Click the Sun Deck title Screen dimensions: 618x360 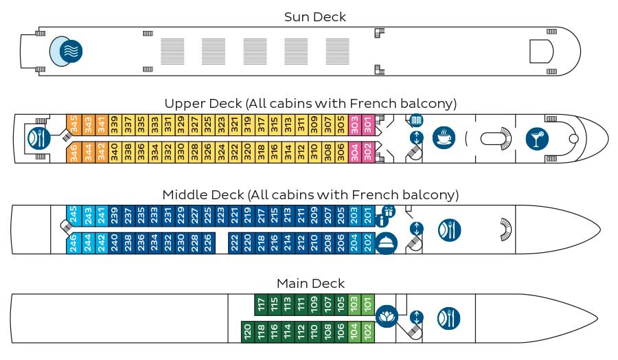(x=315, y=17)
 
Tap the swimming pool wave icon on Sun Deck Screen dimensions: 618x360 (x=71, y=52)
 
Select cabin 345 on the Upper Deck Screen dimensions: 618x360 (x=73, y=125)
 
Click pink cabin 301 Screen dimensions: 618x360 (x=368, y=125)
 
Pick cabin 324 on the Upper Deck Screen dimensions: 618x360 (x=221, y=153)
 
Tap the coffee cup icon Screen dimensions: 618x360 (x=444, y=138)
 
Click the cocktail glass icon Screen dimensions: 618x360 (x=537, y=139)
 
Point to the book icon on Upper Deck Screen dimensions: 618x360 (x=417, y=120)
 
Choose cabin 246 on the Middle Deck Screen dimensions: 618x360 (x=73, y=243)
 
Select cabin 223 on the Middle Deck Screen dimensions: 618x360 (x=221, y=216)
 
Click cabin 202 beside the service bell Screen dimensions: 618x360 (x=368, y=243)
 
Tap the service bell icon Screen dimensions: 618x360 (x=385, y=243)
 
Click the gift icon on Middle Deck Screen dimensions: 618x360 (x=389, y=212)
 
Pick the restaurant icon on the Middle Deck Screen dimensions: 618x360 (x=449, y=230)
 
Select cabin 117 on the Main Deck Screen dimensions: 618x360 (x=261, y=305)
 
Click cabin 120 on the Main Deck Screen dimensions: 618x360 (x=247, y=332)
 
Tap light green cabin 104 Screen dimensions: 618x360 (x=354, y=332)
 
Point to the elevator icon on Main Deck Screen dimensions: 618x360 (x=417, y=317)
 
